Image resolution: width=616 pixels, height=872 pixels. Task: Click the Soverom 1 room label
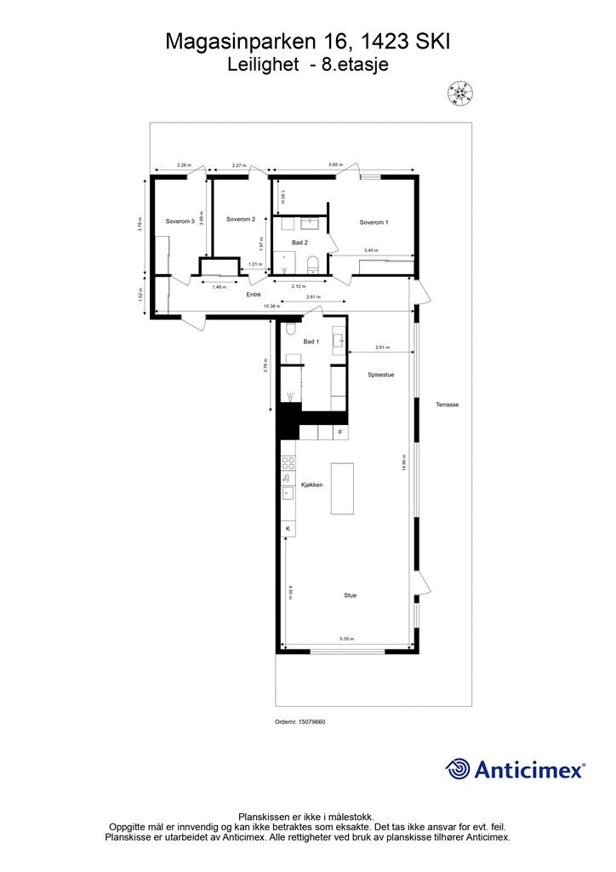tap(374, 222)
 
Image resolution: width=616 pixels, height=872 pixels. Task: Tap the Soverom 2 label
tap(241, 219)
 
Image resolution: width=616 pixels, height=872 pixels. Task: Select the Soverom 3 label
tap(180, 221)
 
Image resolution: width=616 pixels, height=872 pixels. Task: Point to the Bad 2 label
tap(299, 243)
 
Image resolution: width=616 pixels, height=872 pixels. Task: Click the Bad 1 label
tap(311, 341)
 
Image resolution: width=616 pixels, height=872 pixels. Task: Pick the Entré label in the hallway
tap(253, 294)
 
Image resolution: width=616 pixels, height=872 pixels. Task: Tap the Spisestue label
tap(380, 374)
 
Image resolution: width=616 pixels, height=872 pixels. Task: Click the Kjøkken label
tap(311, 485)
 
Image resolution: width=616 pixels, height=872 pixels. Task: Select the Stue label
tap(350, 595)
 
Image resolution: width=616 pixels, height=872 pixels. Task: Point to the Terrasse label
tap(448, 404)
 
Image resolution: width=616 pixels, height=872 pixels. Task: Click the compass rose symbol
tap(460, 92)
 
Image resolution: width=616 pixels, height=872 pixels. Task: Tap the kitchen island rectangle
tap(342, 488)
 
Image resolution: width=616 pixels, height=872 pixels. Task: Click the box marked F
tap(340, 433)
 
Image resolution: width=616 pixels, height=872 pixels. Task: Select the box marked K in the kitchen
tap(288, 529)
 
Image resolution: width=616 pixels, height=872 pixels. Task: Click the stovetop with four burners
tap(288, 464)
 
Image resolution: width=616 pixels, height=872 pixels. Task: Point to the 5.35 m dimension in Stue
tap(347, 638)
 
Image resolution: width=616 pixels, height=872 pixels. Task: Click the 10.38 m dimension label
tap(271, 306)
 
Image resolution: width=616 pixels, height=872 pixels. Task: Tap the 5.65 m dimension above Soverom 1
tap(336, 164)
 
